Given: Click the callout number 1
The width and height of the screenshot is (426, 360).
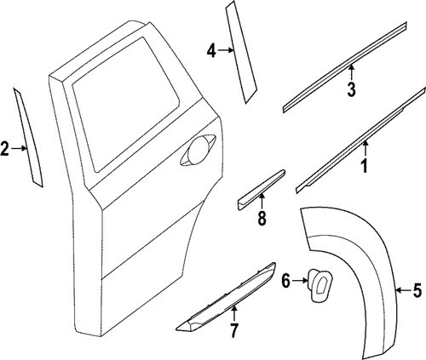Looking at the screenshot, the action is tap(365, 166).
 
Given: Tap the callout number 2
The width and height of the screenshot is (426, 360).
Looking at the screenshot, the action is tap(5, 149).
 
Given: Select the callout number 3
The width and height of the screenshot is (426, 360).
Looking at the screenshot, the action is tap(351, 89).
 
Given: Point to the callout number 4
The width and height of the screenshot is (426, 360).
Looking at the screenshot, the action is tap(211, 52).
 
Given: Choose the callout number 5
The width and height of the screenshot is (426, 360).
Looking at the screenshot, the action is tap(416, 291).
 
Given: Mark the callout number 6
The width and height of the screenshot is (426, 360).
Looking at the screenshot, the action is tap(286, 281).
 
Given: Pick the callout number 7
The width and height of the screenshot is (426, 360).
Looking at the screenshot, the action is tap(233, 331).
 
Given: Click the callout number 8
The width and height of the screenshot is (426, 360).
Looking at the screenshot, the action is tap(262, 219).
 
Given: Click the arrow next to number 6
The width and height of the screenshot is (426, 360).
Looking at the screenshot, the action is tap(300, 281).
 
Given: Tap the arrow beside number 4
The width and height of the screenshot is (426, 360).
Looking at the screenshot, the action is tap(227, 50).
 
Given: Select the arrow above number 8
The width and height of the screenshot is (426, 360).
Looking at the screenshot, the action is tap(262, 201).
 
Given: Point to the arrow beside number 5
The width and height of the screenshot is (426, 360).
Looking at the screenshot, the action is tap(404, 290).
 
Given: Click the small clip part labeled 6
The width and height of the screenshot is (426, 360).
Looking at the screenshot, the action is tap(319, 285).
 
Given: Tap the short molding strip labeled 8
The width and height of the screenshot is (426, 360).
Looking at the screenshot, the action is tap(261, 190).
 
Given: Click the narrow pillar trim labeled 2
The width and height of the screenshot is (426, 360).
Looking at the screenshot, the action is tap(28, 139).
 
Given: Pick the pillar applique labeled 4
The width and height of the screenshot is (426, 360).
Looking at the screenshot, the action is tap(241, 53).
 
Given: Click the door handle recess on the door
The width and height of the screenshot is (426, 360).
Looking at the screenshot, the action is tap(199, 150).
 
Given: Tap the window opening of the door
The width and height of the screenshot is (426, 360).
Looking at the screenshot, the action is tap(125, 105).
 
